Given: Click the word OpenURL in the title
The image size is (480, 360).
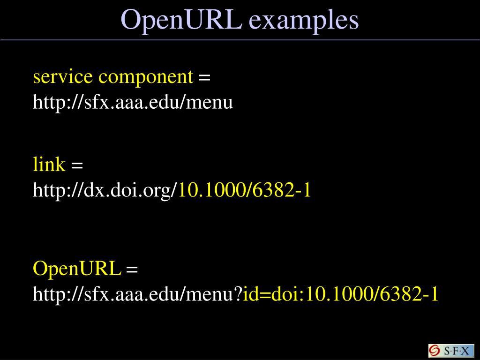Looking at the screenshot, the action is point(181,20).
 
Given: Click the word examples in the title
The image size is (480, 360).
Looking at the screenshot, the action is point(304,20).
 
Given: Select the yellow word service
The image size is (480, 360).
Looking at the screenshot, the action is point(62,76).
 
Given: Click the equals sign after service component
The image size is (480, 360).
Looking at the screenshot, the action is point(204,77).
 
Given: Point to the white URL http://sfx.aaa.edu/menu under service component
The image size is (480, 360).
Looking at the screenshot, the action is point(133,102).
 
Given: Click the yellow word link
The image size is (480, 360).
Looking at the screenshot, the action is point(49,165).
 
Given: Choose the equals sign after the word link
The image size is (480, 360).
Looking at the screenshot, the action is point(77,165).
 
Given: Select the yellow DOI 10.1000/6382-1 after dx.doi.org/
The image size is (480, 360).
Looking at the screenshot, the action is point(245,190).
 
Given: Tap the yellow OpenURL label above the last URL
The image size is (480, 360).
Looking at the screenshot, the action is point(77,269).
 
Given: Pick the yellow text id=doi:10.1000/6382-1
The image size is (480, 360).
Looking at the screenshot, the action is point(341,294).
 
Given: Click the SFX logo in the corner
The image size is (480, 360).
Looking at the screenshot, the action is point(451,351).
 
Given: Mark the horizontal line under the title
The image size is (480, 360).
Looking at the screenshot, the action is point(240,40).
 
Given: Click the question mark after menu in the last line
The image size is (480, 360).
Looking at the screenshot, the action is point(238,294).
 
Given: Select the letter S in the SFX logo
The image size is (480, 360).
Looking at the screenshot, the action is point(447,351).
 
